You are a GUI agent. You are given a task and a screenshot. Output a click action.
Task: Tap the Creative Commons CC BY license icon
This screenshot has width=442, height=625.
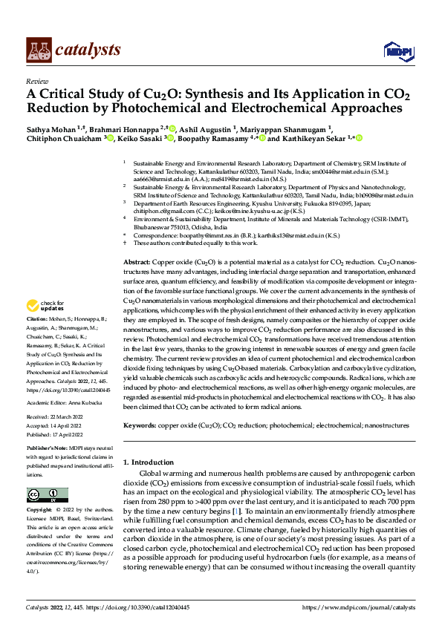(47, 495)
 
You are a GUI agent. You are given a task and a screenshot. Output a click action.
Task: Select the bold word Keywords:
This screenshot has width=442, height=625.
(139, 426)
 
